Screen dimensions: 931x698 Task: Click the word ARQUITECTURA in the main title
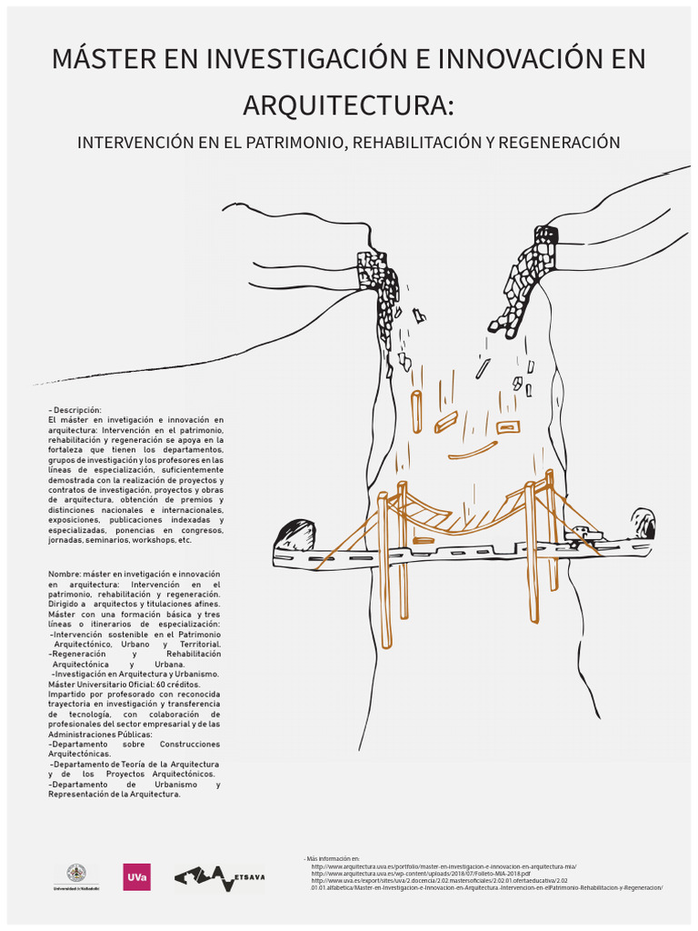point(348,105)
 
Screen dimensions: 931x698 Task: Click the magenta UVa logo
point(137,877)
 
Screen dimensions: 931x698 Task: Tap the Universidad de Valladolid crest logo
point(76,875)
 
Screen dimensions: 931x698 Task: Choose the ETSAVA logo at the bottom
point(219,877)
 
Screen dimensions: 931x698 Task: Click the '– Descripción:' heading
point(75,410)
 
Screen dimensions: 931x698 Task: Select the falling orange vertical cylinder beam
point(416,412)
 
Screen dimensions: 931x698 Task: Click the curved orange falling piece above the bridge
point(472,451)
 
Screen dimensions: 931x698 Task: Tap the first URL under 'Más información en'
point(444,866)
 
